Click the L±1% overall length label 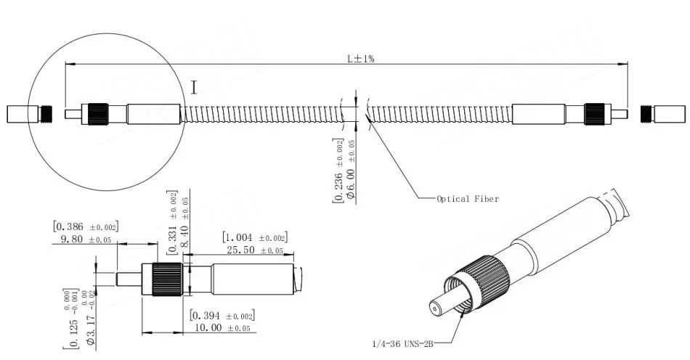(x=360, y=59)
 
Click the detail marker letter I (x=194, y=88)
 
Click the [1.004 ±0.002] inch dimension (x=254, y=237)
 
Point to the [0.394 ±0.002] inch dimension (x=222, y=316)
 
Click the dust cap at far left (x=28, y=114)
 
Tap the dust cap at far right (x=662, y=114)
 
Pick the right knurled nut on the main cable (x=595, y=114)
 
